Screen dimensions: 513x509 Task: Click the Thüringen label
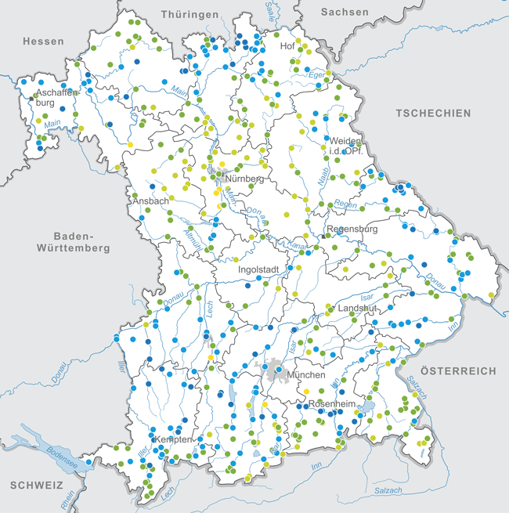coord(189,15)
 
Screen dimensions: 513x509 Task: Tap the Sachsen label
coord(344,12)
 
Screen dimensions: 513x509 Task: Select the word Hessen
coord(43,41)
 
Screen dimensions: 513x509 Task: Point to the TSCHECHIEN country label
coord(433,114)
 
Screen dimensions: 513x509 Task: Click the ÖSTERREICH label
coord(458,370)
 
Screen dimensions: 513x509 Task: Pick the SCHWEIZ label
coord(37,486)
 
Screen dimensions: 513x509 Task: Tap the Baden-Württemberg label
coord(73,242)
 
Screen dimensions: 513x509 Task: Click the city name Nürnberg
coord(246,179)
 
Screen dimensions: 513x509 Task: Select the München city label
coord(306,375)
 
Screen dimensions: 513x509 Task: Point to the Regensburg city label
coord(352,229)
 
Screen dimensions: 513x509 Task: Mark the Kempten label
coord(173,439)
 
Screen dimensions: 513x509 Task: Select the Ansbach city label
coord(150,201)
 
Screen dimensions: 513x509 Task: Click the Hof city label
coord(287,46)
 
